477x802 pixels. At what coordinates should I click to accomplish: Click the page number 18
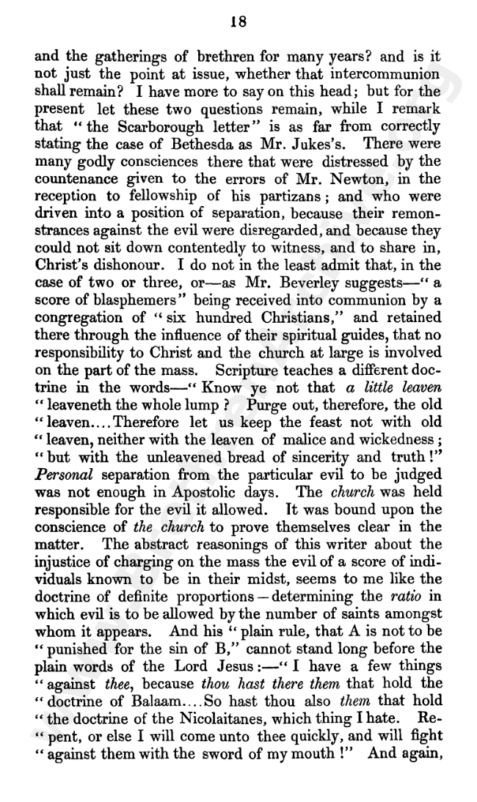coord(237,22)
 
